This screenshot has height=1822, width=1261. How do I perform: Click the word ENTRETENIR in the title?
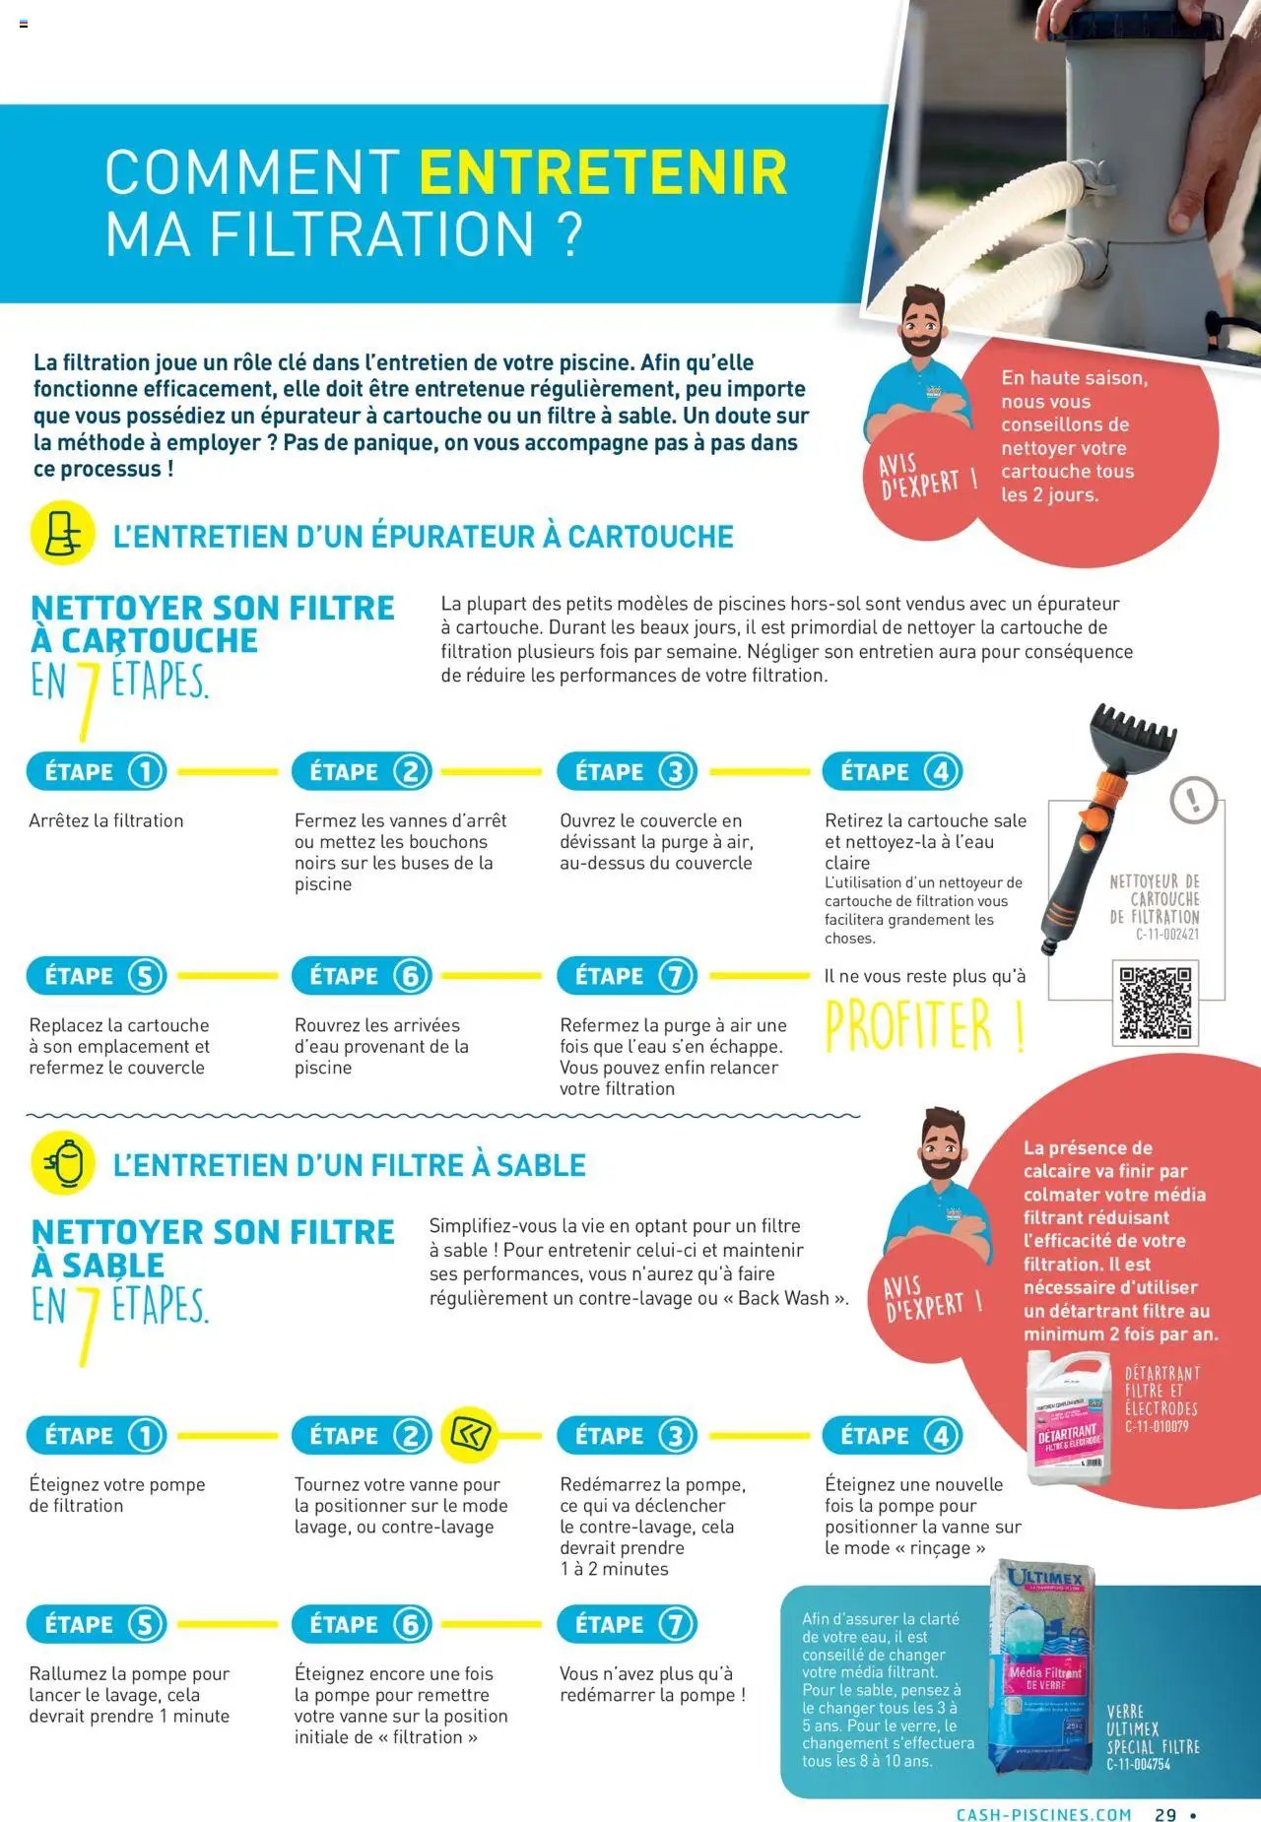603,172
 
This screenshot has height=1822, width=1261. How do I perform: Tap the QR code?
1156,1003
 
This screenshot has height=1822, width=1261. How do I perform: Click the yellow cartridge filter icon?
63,533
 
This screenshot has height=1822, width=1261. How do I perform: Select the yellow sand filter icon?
63,1163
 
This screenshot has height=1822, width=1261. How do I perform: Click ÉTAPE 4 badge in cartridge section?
892,772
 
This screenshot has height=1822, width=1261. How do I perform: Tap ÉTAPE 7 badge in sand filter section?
628,1624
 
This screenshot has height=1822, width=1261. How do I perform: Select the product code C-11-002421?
1167,934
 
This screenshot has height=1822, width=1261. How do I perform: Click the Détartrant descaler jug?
1069,1418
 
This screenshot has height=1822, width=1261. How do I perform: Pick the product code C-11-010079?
1157,1426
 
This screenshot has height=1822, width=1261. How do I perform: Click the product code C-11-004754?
1138,1764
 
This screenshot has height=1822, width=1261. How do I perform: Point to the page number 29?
1165,1814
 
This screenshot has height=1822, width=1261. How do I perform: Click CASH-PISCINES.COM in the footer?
1043,1814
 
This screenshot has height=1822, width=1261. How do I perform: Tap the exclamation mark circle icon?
1193,799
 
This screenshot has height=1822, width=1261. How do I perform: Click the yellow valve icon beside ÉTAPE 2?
470,1435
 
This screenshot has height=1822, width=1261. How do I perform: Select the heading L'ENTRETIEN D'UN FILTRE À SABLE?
349,1165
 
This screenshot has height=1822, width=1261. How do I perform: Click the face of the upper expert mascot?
922,325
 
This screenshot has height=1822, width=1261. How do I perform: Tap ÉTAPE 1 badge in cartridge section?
97,772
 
